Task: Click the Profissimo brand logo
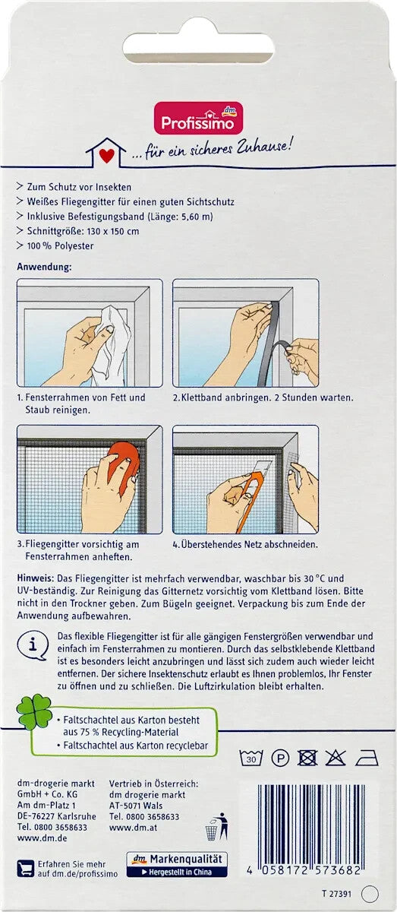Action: (x=198, y=118)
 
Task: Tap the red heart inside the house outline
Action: (x=106, y=156)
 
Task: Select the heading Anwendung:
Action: (x=44, y=267)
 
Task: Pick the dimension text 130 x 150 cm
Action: (x=112, y=231)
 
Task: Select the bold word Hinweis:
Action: (x=36, y=578)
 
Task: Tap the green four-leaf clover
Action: (x=35, y=712)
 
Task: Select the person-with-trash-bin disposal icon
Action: (x=217, y=826)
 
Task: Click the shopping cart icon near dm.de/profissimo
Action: (x=26, y=868)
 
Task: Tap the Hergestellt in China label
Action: (x=177, y=872)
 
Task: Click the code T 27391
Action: (x=336, y=894)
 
